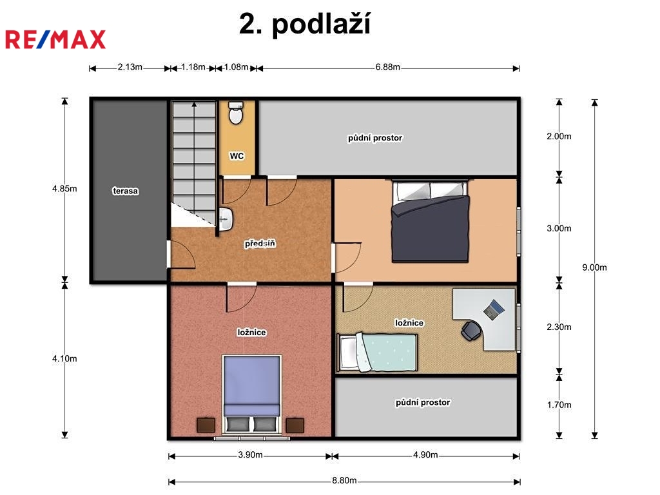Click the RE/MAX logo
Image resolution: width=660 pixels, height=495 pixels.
pos(55,39)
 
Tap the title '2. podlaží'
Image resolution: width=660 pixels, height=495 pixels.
pos(305,24)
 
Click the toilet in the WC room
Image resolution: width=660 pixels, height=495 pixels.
pos(236,113)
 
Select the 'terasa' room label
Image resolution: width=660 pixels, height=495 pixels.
pos(126,191)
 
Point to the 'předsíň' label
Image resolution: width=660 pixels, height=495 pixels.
pos(260,244)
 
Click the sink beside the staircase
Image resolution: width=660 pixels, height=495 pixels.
pos(226,219)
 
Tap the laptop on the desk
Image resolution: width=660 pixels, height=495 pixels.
pos(494,309)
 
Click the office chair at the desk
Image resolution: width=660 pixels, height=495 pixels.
pos(471,331)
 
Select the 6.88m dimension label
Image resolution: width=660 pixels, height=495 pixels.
pos(387,67)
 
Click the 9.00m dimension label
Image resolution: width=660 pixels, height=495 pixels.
pos(594,267)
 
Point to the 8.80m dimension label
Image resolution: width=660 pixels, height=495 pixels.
pos(344,480)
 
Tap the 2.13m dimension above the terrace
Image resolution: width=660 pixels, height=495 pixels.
pos(130,67)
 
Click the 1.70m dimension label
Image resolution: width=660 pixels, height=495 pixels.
pos(559,405)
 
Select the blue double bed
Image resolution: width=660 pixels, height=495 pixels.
pos(252,394)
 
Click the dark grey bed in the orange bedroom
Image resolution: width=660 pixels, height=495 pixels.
pos(430,222)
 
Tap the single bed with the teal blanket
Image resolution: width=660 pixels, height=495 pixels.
pos(378,353)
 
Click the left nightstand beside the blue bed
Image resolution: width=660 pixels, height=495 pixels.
pos(206,425)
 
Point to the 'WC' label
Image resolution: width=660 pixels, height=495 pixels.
pos(237,156)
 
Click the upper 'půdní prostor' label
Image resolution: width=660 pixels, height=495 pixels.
pos(375,138)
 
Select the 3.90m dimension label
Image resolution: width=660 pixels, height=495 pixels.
pos(250,455)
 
